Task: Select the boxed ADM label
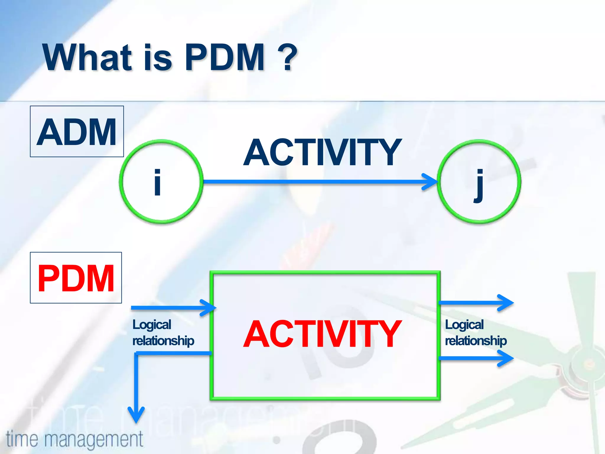(x=77, y=132)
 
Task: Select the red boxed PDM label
(x=76, y=278)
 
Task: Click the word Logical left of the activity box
(x=152, y=325)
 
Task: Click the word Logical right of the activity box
(x=464, y=325)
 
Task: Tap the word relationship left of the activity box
(x=163, y=341)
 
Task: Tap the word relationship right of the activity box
(x=476, y=341)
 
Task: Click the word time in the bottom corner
(x=22, y=439)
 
